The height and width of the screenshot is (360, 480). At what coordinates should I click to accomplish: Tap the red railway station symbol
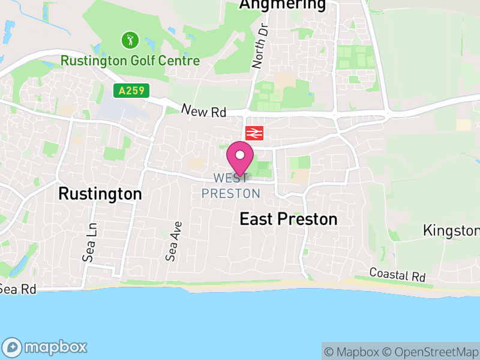click(254, 133)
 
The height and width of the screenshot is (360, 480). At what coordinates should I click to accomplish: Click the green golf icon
click(130, 41)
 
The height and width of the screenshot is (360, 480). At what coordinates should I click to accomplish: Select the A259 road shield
click(131, 91)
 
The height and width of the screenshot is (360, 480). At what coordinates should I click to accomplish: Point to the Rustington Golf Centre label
click(130, 61)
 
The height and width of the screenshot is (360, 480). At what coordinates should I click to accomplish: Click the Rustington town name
click(100, 194)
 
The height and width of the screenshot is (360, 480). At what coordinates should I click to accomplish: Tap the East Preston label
click(289, 219)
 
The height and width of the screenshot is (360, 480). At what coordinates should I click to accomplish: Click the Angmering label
click(282, 5)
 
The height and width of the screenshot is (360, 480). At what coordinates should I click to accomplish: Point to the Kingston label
click(451, 230)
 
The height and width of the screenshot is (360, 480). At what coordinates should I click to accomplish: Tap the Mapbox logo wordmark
click(55, 347)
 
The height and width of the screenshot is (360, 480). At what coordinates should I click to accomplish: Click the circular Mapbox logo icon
click(12, 347)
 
